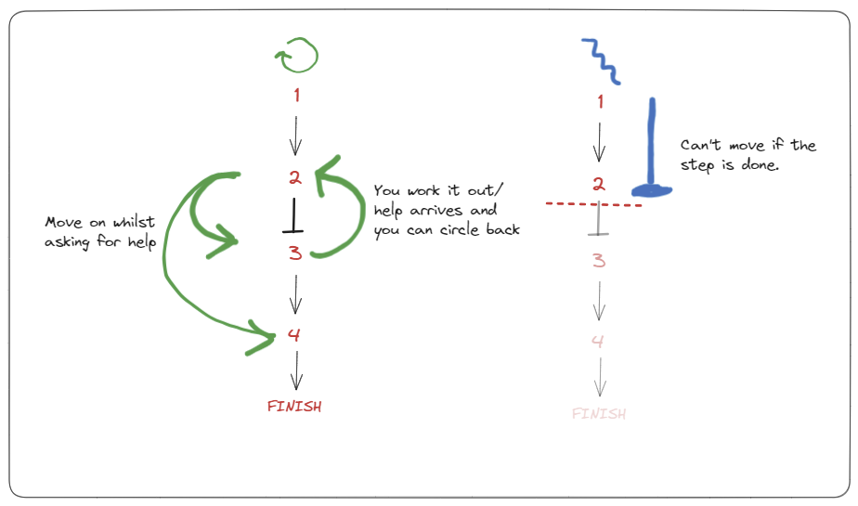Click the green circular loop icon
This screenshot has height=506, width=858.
pos(296,57)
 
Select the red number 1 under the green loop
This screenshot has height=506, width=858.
pos(296,95)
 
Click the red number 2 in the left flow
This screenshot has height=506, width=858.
pos(294,177)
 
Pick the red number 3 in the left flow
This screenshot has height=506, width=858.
pos(295,253)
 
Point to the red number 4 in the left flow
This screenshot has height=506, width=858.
pos(294,334)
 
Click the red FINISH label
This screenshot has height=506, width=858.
pos(294,406)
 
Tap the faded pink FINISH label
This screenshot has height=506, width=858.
pos(599,413)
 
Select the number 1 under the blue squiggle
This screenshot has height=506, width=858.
pos(600,102)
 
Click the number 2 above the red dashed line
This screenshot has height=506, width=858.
pos(600,184)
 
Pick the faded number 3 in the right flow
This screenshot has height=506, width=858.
pos(599,261)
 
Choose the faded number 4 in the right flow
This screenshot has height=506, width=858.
pos(598,342)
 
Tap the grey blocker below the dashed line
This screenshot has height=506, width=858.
pos(600,223)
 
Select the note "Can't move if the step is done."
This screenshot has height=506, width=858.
pos(748,156)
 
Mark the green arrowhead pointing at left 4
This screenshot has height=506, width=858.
pos(263,337)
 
